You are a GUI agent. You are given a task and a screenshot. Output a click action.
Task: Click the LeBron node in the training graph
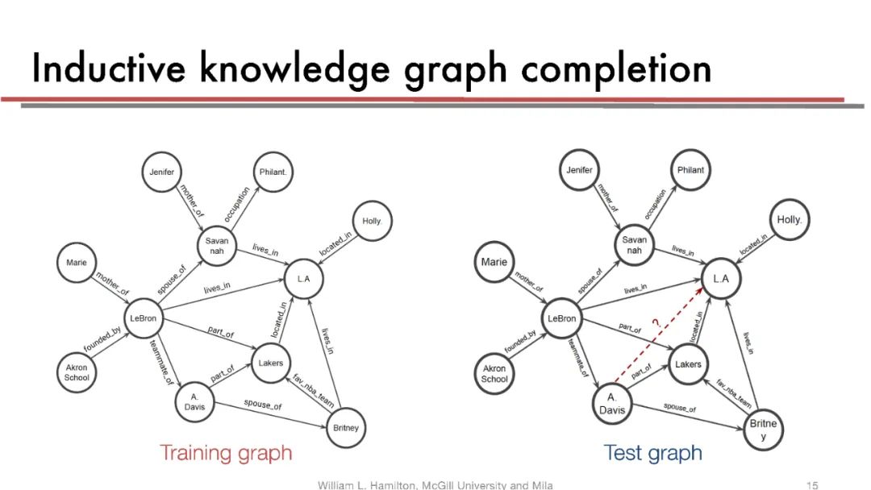pyautogui.click(x=143, y=319)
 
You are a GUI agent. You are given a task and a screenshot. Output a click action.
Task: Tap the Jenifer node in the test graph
pyautogui.click(x=579, y=170)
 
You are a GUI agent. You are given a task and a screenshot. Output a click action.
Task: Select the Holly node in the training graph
pyautogui.click(x=371, y=221)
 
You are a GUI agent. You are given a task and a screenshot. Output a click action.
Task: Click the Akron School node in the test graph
pyautogui.click(x=494, y=374)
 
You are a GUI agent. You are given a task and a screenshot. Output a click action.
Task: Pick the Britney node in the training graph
pyautogui.click(x=346, y=428)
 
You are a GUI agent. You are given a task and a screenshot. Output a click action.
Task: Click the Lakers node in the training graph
pyautogui.click(x=271, y=363)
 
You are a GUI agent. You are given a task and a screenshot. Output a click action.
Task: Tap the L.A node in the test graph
pyautogui.click(x=721, y=279)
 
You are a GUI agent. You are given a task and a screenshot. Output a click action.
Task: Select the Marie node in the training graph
pyautogui.click(x=77, y=262)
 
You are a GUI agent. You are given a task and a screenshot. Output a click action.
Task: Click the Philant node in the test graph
pyautogui.click(x=691, y=170)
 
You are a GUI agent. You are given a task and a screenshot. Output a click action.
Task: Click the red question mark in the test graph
pyautogui.click(x=656, y=324)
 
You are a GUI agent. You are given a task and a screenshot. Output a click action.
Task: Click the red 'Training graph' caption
pyautogui.click(x=225, y=453)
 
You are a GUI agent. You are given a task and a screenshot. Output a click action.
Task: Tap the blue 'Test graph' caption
pyautogui.click(x=652, y=453)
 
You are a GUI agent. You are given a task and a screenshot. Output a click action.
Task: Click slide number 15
pyautogui.click(x=812, y=484)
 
